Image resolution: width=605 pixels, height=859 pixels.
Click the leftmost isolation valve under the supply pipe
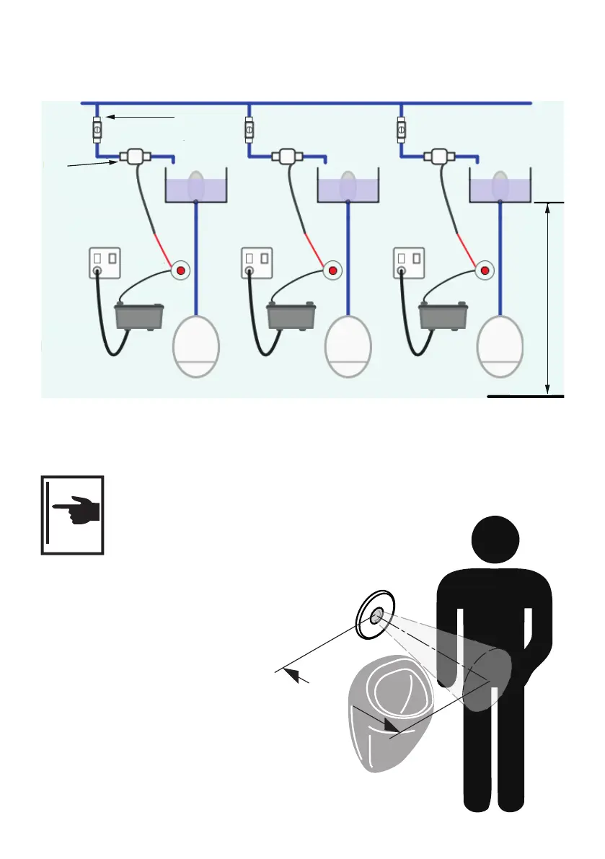[96, 129]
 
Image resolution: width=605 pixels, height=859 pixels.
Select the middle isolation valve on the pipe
[248, 130]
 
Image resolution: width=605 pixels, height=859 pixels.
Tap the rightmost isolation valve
[400, 130]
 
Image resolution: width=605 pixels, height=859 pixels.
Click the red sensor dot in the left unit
[181, 270]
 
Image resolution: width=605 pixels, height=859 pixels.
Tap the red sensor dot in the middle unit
[333, 270]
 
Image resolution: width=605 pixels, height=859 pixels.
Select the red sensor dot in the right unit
[485, 270]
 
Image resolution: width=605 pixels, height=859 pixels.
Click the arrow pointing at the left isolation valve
[141, 116]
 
